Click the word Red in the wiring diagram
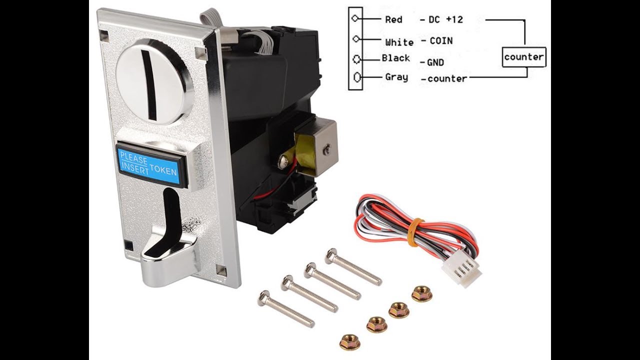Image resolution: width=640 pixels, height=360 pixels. pos(393,19)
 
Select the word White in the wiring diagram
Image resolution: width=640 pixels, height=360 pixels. pos(399,42)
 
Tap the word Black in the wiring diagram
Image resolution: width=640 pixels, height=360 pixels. pos(395,58)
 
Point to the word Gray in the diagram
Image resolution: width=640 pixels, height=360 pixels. pos(396,77)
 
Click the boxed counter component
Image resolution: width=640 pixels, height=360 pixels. pos(524,57)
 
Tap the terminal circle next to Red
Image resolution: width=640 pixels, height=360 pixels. pos(355,18)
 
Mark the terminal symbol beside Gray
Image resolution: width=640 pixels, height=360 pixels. pos(357,77)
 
